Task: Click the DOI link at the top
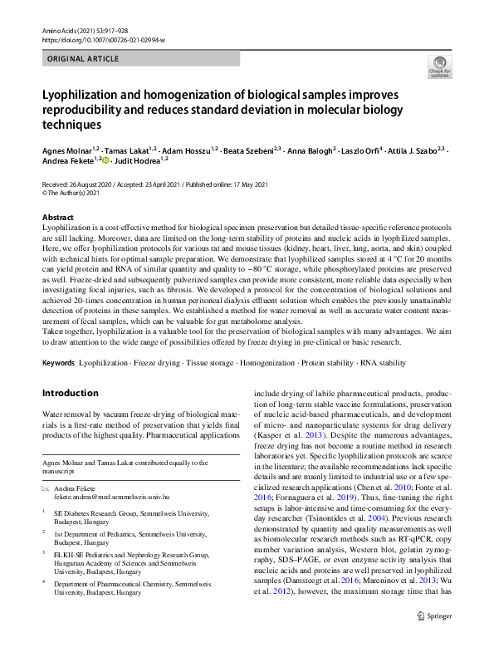(x=103, y=40)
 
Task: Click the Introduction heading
(x=71, y=392)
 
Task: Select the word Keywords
(x=58, y=364)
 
